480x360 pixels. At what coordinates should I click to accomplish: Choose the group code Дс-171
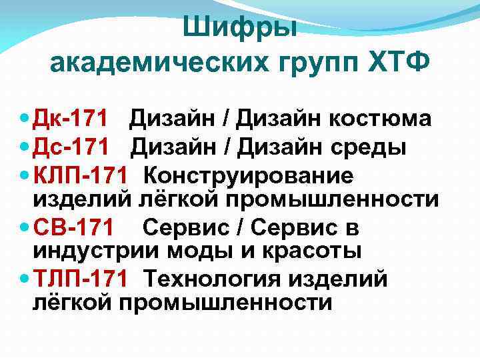click(x=69, y=146)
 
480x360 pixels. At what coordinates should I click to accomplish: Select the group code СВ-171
click(x=74, y=228)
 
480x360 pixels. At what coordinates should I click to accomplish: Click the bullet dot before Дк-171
click(x=25, y=119)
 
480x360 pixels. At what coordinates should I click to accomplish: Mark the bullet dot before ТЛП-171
click(x=25, y=277)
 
